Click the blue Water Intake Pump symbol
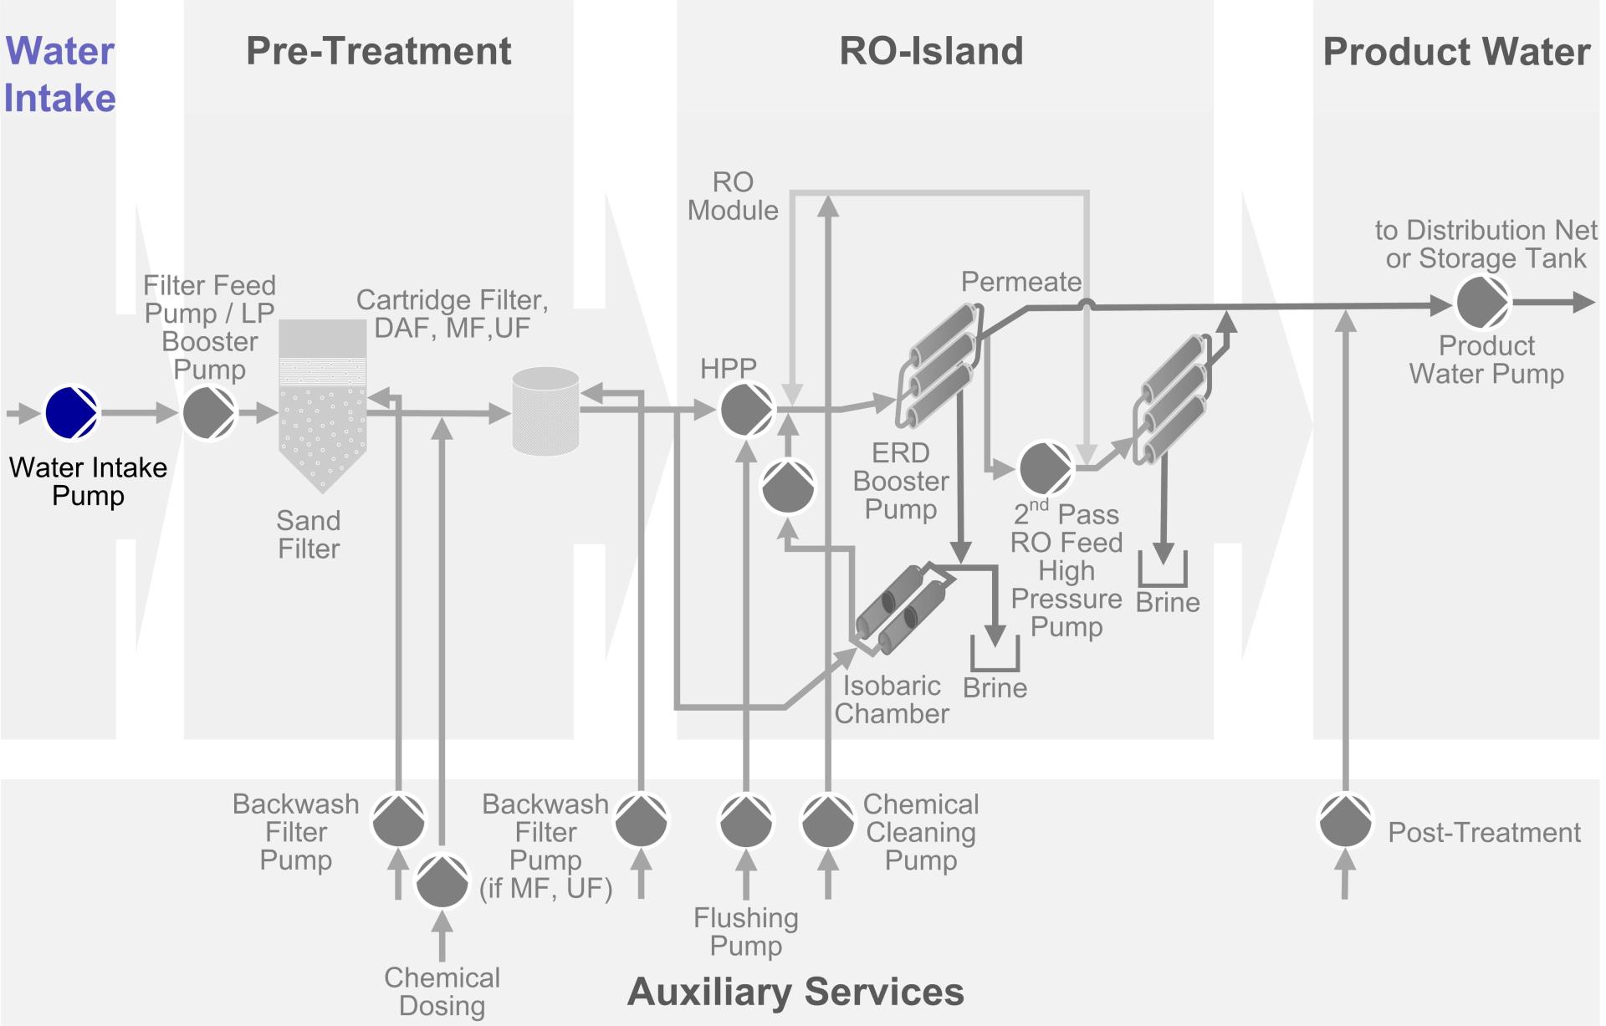pos(71,411)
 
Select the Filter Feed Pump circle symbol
pos(209,412)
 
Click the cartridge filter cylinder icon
pos(545,411)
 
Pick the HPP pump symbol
pos(746,410)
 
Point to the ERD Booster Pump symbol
pos(787,487)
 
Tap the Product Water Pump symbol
pos(1481,303)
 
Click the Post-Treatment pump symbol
pos(1345,821)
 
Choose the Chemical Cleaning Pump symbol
pos(827,821)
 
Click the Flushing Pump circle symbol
pos(745,821)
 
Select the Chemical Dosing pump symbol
pos(442,881)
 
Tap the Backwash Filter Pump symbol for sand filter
pos(398,821)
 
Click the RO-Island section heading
pos(931,51)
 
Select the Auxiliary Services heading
pos(795,992)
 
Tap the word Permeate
pos(1020,282)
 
